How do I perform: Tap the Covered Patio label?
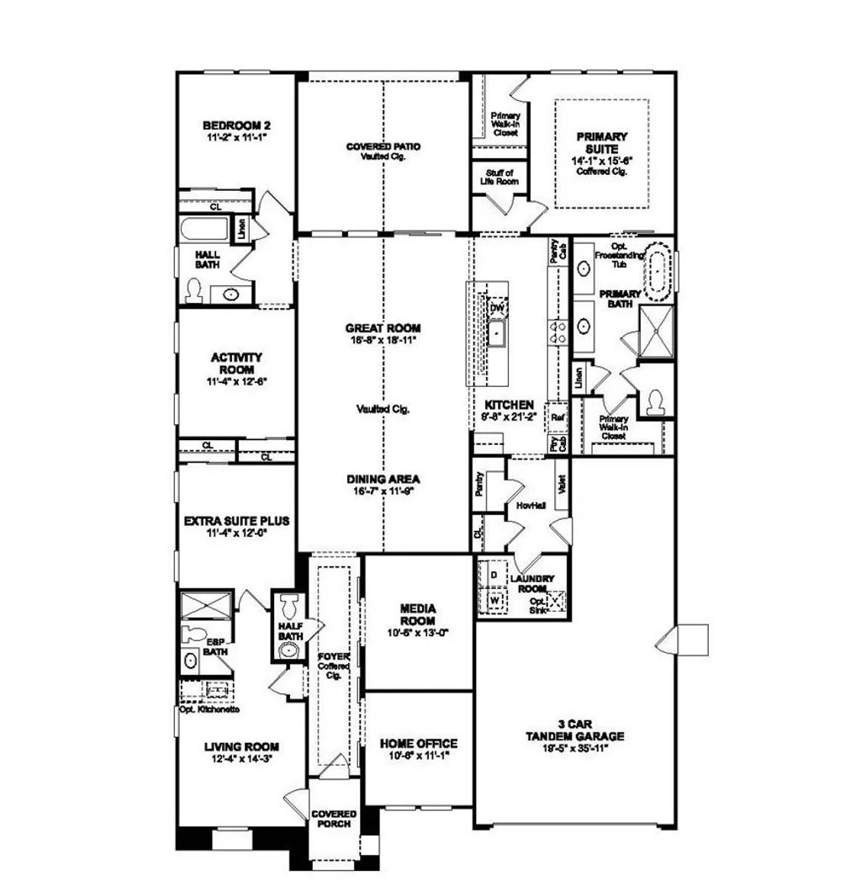pos(383,146)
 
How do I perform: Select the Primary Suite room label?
pos(602,141)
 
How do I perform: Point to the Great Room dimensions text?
pos(383,340)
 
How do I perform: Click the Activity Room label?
pos(235,363)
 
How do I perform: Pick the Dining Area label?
pos(383,479)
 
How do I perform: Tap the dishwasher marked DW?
pos(498,308)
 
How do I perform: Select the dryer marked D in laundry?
pos(494,575)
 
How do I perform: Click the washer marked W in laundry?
pos(494,601)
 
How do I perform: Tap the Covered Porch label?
pos(334,819)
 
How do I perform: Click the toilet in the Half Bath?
pos(290,605)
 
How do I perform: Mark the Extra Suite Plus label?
pos(235,521)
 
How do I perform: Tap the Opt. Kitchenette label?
pos(210,708)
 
